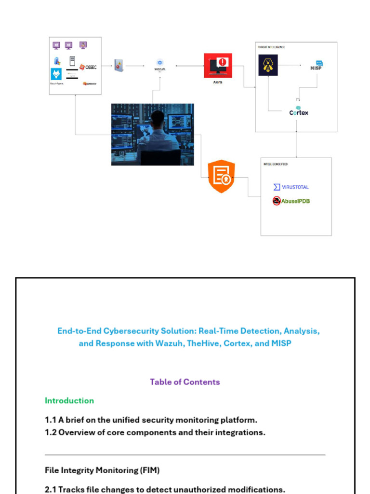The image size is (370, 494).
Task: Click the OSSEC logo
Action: click(88, 67)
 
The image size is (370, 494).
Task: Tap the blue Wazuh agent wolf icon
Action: click(56, 74)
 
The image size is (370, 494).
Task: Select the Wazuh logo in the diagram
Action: click(160, 65)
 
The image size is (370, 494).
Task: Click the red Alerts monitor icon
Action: click(218, 65)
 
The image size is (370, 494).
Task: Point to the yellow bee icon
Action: click(268, 65)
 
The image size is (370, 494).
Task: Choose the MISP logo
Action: click(316, 66)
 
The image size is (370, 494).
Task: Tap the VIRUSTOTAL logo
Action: click(291, 187)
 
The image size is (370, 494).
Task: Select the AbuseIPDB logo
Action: click(291, 201)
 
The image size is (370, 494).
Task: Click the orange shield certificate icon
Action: click(221, 177)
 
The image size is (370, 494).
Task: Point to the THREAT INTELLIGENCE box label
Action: click(272, 47)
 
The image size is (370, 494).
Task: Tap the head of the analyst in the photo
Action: click(158, 118)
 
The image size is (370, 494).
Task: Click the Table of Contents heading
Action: click(185, 382)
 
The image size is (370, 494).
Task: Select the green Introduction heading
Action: click(69, 400)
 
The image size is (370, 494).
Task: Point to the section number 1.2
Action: click(51, 432)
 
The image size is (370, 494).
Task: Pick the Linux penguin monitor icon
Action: click(83, 45)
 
